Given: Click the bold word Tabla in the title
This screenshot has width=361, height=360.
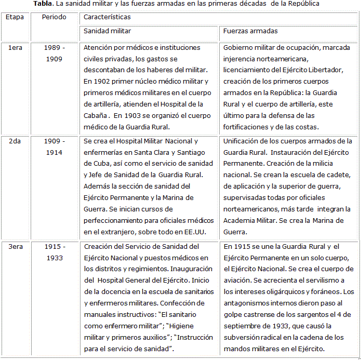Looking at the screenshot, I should (x=44, y=4).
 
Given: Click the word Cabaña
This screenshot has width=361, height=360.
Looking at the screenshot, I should (x=96, y=115).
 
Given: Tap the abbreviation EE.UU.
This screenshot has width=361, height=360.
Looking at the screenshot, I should (x=193, y=232).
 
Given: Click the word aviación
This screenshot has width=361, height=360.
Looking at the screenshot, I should (x=238, y=280).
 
